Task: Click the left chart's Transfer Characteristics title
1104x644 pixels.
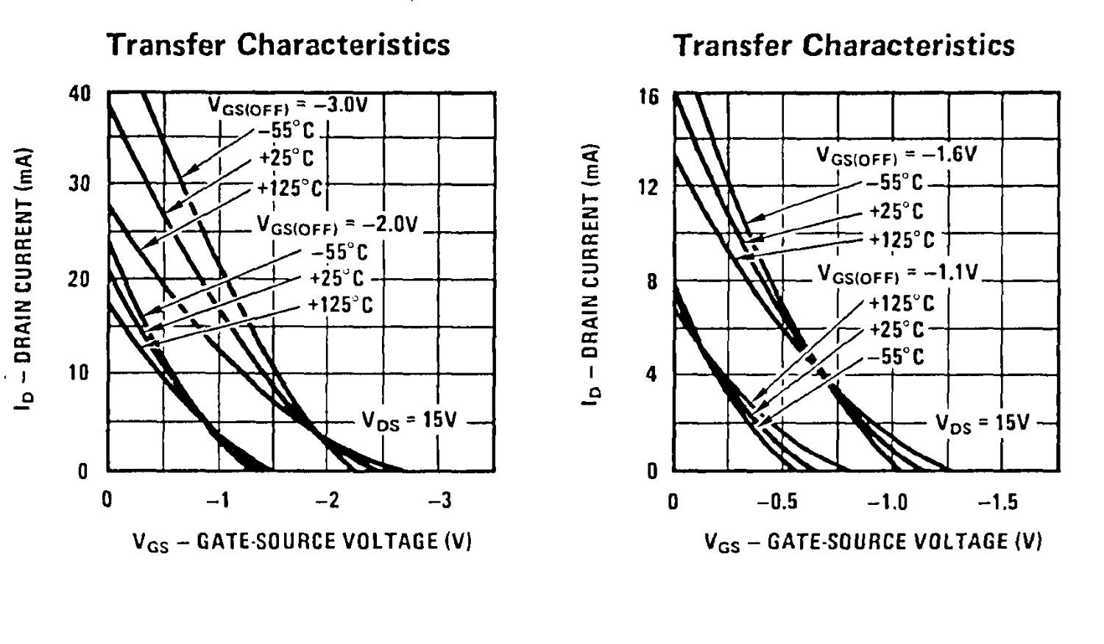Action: pyautogui.click(x=279, y=45)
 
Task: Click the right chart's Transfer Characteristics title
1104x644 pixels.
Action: pyautogui.click(x=844, y=46)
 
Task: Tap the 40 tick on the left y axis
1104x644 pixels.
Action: pyautogui.click(x=80, y=93)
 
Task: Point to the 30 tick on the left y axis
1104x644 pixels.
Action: pyautogui.click(x=80, y=184)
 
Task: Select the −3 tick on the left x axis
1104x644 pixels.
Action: pyautogui.click(x=440, y=501)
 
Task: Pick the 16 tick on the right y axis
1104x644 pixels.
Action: pyautogui.click(x=650, y=96)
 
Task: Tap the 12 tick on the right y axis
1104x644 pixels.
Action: pyautogui.click(x=650, y=187)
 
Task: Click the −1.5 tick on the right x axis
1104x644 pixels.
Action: pyautogui.click(x=998, y=503)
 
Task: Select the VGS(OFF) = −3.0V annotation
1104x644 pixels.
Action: pyautogui.click(x=287, y=105)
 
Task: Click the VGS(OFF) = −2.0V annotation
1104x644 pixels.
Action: pyautogui.click(x=337, y=224)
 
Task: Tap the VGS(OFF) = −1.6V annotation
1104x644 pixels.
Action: pyautogui.click(x=896, y=156)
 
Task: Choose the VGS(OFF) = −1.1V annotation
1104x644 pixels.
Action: pyautogui.click(x=898, y=274)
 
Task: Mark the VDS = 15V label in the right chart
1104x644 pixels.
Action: pyautogui.click(x=983, y=422)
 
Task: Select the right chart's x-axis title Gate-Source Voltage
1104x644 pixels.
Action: pyautogui.click(x=873, y=542)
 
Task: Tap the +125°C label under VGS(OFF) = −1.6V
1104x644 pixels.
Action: pyautogui.click(x=902, y=240)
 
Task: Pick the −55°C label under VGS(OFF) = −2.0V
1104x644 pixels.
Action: pyautogui.click(x=339, y=252)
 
